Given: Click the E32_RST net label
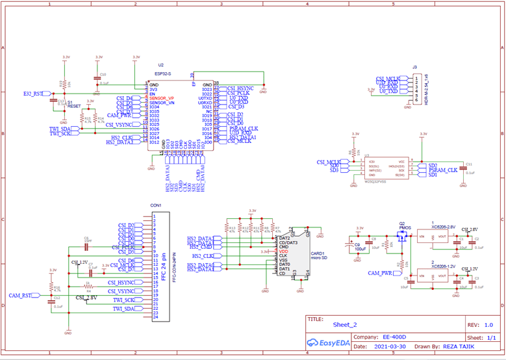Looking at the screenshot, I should pos(32,94).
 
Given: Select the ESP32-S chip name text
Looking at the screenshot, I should pos(164,74).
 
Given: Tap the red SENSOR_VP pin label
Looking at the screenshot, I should pos(162,98).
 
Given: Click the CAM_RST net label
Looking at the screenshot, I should pos(19,296).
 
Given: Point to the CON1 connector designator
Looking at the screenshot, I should pos(156,205).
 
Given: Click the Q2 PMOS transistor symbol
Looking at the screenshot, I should pos(401,236).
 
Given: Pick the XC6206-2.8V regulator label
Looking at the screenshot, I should pos(444,227).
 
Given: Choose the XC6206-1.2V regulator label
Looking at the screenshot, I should pos(444,266).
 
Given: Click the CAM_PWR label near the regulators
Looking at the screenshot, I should pos(381,273).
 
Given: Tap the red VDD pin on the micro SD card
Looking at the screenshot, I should pos(283,251).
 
